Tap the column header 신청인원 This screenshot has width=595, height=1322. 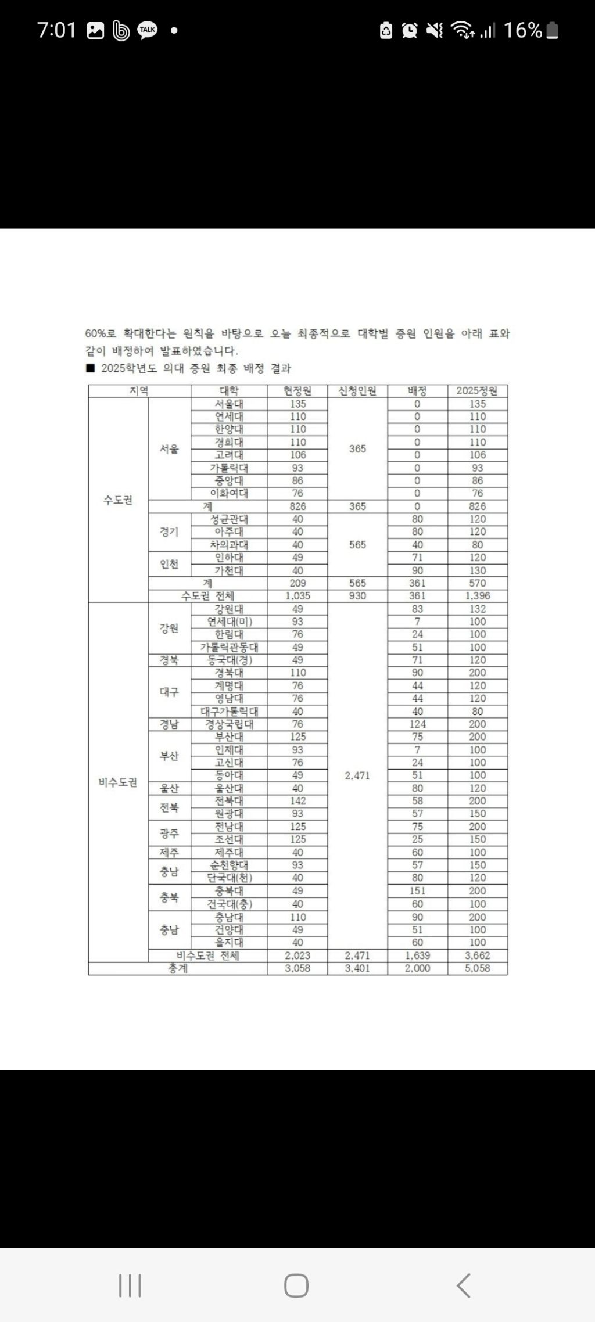pyautogui.click(x=357, y=391)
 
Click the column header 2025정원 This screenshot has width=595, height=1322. pyautogui.click(x=477, y=391)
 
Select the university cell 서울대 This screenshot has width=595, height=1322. pyautogui.click(x=229, y=404)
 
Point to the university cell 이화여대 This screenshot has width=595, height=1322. pyautogui.click(x=229, y=493)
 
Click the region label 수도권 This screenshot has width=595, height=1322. pyautogui.click(x=118, y=500)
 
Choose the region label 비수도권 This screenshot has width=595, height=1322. pyautogui.click(x=118, y=782)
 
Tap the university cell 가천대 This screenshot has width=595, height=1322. pyautogui.click(x=229, y=570)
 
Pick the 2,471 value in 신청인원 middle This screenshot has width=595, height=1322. pyautogui.click(x=357, y=775)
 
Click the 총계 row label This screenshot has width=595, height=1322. pyautogui.click(x=178, y=968)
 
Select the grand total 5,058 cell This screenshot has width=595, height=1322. pyautogui.click(x=477, y=968)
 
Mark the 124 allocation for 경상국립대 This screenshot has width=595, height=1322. pyautogui.click(x=417, y=724)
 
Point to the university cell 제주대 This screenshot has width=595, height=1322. pyautogui.click(x=229, y=852)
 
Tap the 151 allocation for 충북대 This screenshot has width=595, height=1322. pyautogui.click(x=417, y=890)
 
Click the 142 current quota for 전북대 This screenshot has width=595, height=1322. pyautogui.click(x=297, y=801)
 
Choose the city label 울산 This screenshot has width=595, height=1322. pyautogui.click(x=169, y=788)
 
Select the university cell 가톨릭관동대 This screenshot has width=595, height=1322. pyautogui.click(x=229, y=647)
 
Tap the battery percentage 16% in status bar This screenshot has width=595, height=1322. pyautogui.click(x=522, y=30)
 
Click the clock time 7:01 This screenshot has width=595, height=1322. pyautogui.click(x=56, y=30)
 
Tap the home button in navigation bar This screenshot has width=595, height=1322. pyautogui.click(x=296, y=1285)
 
